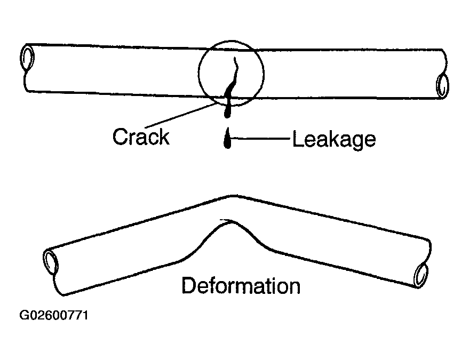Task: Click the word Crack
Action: coord(141,137)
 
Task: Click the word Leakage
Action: coord(334,140)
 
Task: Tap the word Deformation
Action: coord(241,286)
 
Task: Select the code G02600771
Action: coord(54,315)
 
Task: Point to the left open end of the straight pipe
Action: coord(27,58)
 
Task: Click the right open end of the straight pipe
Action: coord(442,85)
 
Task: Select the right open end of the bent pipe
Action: coord(421,275)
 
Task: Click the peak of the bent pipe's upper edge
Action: coord(233,196)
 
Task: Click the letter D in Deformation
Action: coord(188,286)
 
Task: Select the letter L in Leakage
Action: coord(297,139)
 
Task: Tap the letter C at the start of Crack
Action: coord(120,137)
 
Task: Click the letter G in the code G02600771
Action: coord(24,315)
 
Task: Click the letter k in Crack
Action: coord(164,137)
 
